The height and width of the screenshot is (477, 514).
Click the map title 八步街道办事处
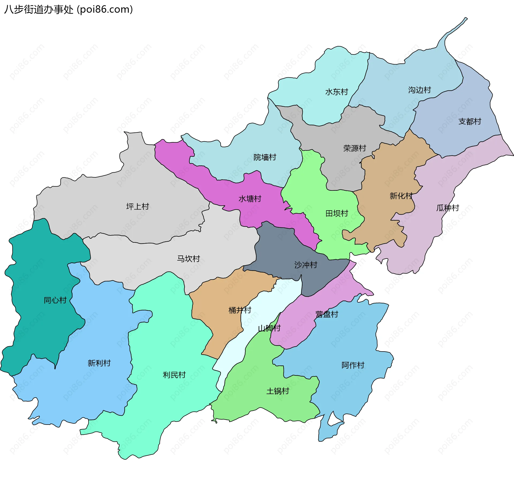39,10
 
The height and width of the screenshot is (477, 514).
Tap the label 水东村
337,92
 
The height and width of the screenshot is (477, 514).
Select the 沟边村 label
419,90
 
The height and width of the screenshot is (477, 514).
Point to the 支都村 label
470,121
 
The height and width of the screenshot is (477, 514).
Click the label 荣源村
354,148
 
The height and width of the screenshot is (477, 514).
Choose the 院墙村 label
265,157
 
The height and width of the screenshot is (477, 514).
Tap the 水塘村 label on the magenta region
250,199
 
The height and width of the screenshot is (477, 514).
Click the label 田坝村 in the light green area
337,213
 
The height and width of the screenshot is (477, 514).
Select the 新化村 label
401,196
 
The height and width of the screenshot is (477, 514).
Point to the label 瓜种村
448,208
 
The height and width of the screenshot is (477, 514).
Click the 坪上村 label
137,207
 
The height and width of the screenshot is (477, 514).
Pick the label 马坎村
188,259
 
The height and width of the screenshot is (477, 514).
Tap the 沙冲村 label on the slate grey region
306,265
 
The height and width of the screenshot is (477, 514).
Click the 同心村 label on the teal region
55,300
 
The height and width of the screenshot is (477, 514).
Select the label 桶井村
240,310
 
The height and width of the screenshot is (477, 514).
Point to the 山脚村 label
269,328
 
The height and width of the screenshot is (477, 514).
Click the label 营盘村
327,314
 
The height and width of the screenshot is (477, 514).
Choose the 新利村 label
99,363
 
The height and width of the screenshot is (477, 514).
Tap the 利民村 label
174,375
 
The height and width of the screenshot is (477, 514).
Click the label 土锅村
278,391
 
